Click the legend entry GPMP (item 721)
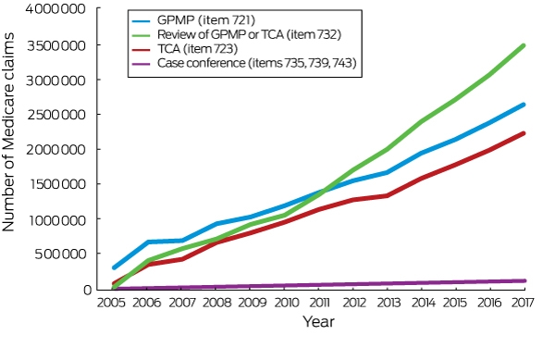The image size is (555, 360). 206,20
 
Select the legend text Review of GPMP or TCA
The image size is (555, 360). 220,34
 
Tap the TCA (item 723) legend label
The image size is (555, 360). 197,49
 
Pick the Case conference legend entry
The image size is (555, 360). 201,63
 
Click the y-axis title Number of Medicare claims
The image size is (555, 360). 8,132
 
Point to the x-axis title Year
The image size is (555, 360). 318,321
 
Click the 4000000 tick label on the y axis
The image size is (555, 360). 55,9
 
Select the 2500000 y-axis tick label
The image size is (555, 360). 56,115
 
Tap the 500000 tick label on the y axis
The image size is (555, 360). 60,254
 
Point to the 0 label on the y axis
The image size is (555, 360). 88,290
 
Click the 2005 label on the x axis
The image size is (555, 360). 111,303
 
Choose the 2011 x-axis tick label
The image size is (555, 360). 320,303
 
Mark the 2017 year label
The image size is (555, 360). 523,303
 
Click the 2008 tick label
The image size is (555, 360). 216,303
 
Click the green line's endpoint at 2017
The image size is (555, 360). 524,45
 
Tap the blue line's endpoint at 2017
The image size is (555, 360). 524,105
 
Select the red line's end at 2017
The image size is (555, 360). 524,133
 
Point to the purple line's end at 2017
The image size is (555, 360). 524,280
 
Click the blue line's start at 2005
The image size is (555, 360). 114,267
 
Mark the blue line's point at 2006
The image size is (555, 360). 148,242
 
